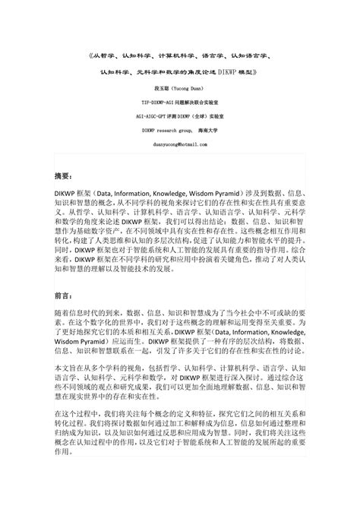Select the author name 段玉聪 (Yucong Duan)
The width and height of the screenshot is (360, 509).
click(x=179, y=88)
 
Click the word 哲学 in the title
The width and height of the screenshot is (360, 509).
click(x=109, y=57)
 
